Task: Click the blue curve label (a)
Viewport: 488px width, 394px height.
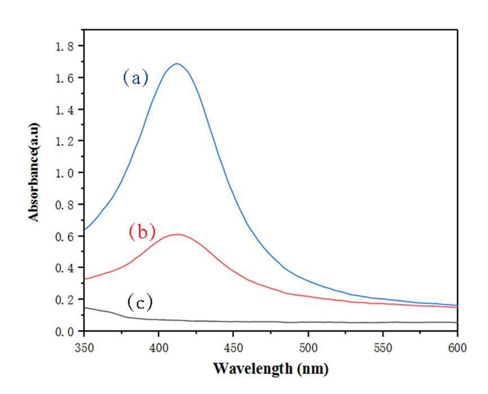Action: (136, 78)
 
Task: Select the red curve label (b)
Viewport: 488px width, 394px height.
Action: (142, 231)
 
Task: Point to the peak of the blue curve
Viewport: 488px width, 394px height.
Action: (177, 64)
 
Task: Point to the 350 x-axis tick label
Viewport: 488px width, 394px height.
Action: (84, 347)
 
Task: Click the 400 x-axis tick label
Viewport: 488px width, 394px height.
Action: (159, 347)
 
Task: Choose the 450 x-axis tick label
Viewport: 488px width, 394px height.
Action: (234, 347)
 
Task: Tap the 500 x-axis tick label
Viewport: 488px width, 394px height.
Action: (308, 347)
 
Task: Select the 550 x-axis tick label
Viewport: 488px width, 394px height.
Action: (383, 347)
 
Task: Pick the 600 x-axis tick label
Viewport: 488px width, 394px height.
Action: (457, 347)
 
